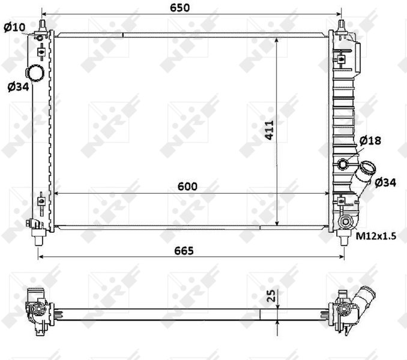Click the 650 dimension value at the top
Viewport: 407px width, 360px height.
coord(180,8)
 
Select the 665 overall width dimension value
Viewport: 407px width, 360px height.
coord(184,251)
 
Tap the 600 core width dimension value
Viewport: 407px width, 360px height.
coord(187,187)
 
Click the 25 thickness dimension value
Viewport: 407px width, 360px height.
coord(271,296)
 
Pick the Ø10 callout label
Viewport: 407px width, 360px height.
coord(14,27)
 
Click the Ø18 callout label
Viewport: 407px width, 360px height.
coord(370,140)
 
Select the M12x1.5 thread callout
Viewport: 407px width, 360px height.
coord(376,236)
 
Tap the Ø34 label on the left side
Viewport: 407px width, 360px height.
coord(18,87)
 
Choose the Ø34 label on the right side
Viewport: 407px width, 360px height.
coord(385,182)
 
